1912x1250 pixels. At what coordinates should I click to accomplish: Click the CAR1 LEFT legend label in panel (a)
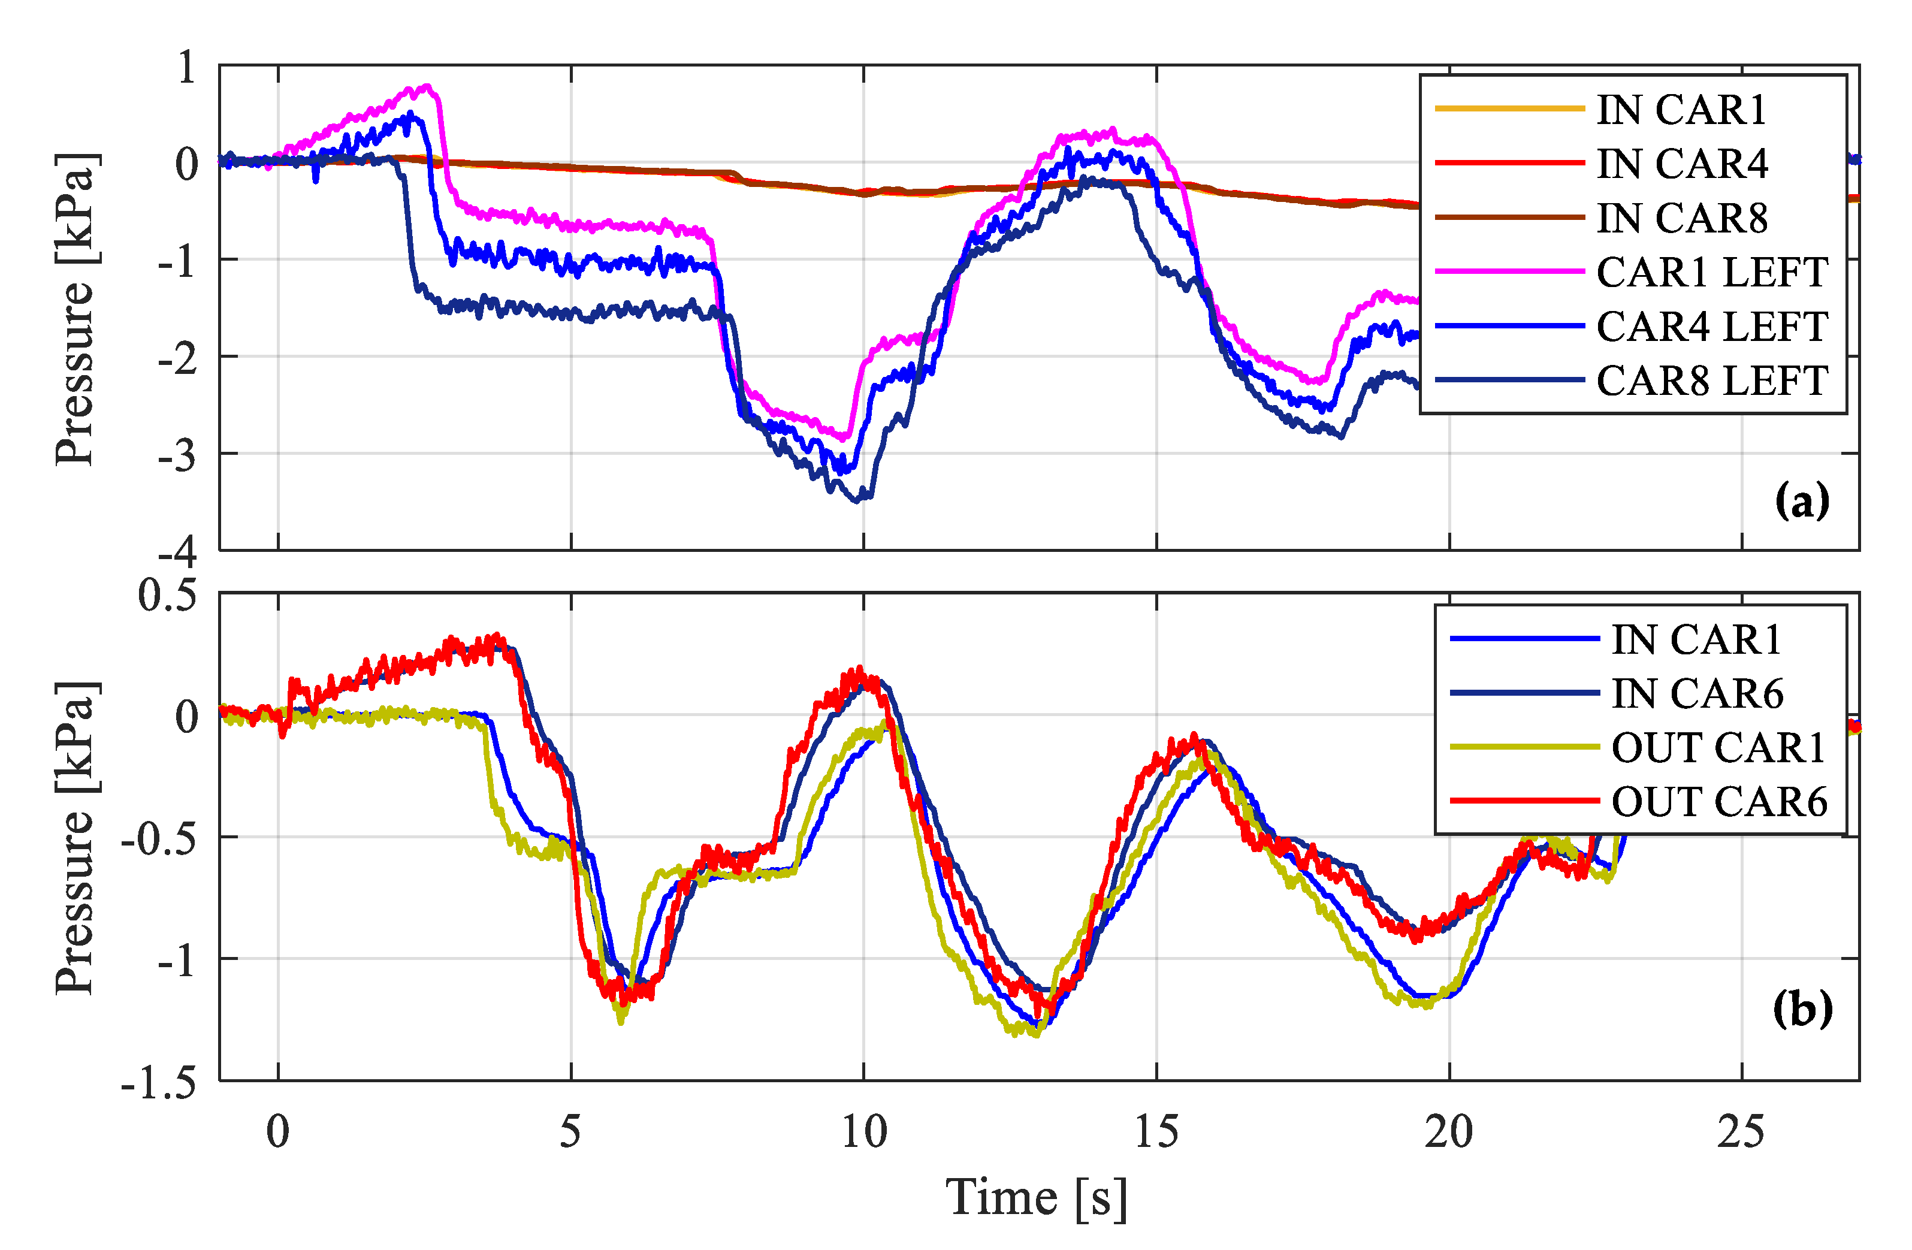pos(1711,272)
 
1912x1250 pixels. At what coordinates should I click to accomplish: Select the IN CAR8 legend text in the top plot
pos(1681,219)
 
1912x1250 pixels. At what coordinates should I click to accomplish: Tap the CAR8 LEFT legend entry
pos(1711,381)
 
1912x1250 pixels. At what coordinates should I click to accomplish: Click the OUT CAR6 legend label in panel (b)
pos(1718,801)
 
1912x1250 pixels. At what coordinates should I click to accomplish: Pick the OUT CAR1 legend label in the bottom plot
pos(1718,747)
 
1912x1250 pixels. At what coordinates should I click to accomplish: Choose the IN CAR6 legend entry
pos(1697,693)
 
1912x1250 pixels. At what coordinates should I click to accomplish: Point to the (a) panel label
pos(1802,502)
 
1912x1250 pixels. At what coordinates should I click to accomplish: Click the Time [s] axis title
pos(1037,1198)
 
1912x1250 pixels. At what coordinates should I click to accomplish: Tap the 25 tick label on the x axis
pos(1741,1132)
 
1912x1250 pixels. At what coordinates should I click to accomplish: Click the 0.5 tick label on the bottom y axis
pos(167,596)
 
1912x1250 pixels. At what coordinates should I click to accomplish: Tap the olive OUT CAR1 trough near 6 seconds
pos(621,1021)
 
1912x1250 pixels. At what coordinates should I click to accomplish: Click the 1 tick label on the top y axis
pos(186,68)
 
